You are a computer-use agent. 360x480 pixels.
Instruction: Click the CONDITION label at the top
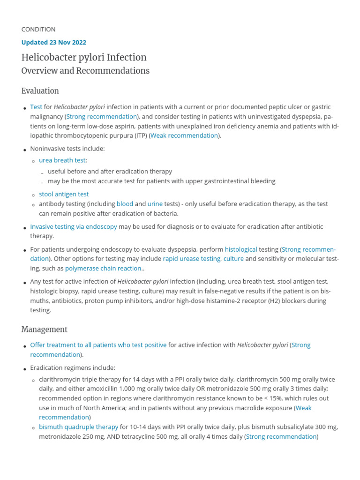coord(38,30)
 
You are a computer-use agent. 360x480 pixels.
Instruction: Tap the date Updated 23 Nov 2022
coord(54,42)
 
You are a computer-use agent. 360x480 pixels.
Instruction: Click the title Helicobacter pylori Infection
coord(84,58)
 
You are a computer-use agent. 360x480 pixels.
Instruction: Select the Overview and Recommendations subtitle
coord(85,71)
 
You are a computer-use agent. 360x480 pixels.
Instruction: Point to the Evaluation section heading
coord(40,91)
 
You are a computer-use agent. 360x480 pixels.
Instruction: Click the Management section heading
coord(45,330)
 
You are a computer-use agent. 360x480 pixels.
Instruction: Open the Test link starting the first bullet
coord(36,107)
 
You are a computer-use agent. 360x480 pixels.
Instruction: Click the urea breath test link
coord(62,160)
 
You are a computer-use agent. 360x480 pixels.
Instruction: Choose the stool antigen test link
coord(64,194)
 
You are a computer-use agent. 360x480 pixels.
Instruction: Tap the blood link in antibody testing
coord(125,204)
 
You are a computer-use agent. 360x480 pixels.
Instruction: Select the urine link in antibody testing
coord(155,204)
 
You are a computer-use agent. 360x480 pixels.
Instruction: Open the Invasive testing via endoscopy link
coord(74,227)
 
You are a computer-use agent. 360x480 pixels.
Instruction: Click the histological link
coord(241,249)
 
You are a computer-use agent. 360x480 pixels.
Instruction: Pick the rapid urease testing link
coord(191,259)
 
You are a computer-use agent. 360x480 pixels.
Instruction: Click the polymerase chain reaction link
coord(103,269)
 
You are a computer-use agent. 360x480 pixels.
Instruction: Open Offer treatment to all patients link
coord(98,345)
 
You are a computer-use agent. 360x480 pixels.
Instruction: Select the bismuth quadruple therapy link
coord(79,427)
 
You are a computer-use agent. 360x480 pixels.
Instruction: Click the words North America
coord(92,408)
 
